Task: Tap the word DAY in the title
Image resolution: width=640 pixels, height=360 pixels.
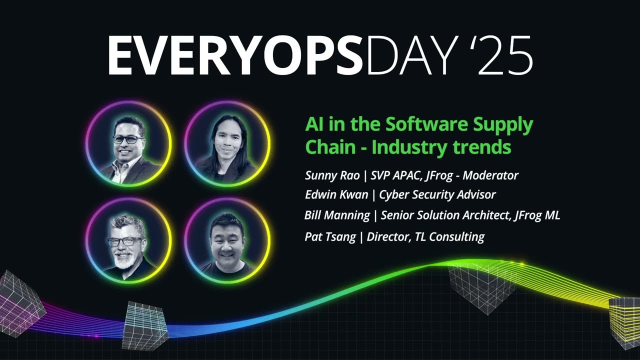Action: [410, 55]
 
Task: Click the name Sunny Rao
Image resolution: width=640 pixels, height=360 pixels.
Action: [332, 175]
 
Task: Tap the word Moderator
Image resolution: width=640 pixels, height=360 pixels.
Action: [490, 175]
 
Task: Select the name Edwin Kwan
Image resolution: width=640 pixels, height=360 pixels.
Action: [336, 194]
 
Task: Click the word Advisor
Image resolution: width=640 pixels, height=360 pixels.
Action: [476, 194]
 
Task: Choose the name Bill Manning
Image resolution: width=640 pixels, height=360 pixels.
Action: [337, 215]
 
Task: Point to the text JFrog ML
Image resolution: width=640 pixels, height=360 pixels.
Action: [536, 215]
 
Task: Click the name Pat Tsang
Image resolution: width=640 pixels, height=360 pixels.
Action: [330, 237]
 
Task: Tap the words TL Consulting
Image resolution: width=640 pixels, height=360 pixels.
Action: [449, 237]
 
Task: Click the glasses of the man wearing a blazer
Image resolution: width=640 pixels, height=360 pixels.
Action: [127, 139]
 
